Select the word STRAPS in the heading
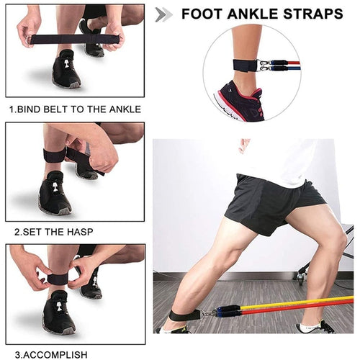pyautogui.click(x=313, y=14)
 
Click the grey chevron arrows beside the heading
pyautogui.click(x=164, y=14)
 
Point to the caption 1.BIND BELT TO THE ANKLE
pyautogui.click(x=75, y=109)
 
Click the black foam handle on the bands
pyautogui.click(x=225, y=310)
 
